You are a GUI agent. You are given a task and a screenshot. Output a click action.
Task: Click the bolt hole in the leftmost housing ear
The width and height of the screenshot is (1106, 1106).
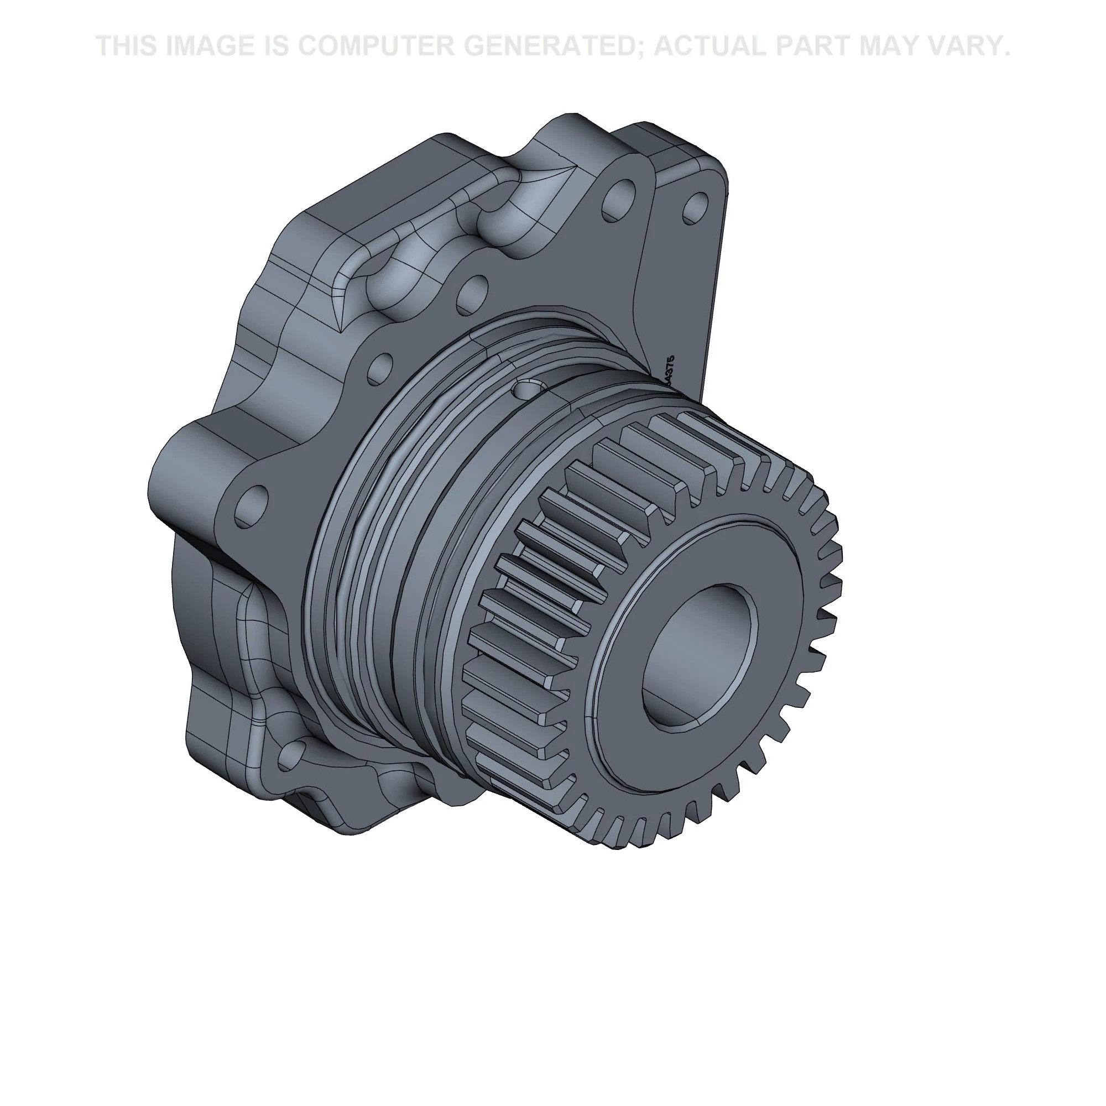251,506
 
